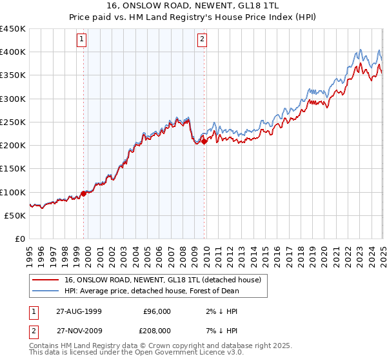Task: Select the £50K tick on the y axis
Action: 15,215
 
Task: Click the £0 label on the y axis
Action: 20,239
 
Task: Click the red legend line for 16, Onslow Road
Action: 45,280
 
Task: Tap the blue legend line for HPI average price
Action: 45,291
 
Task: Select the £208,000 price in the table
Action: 156,329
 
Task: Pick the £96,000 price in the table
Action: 156,311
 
